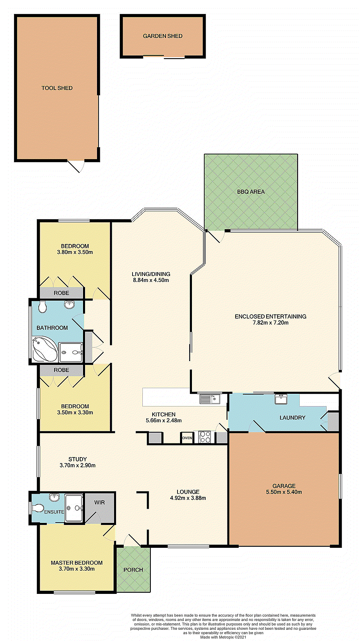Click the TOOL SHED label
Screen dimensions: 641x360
pos(57,88)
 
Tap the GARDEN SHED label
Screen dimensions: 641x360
pos(162,36)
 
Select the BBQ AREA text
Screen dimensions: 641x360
pos(251,192)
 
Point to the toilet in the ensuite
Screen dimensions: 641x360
pos(38,508)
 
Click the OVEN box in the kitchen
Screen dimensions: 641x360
pos(187,438)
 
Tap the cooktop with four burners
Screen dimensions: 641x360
pos(205,437)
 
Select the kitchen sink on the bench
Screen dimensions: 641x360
pos(210,399)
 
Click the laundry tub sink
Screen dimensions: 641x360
pos(281,399)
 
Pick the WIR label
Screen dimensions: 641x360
pos(99,502)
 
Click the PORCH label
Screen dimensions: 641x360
pos(133,570)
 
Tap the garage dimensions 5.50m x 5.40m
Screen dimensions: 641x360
pos(284,492)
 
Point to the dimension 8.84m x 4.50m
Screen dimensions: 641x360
pos(151,280)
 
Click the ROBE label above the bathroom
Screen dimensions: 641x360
pos(62,293)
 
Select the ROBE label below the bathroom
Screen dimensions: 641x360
pos(62,370)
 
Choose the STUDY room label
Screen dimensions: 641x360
pos(77,459)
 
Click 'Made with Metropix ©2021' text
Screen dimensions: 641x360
pos(223,637)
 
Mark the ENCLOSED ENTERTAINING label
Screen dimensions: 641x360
pos(270,316)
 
